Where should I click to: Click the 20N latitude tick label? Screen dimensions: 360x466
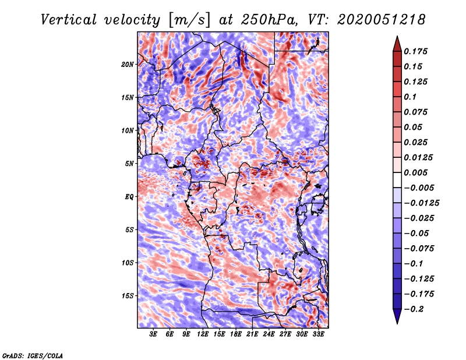(128, 64)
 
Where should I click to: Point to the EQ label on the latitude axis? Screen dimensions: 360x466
(129, 196)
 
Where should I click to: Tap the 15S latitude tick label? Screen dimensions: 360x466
(128, 295)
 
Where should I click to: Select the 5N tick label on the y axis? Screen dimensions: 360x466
(129, 163)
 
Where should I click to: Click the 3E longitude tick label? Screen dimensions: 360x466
(154, 334)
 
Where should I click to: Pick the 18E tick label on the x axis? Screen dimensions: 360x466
(235, 334)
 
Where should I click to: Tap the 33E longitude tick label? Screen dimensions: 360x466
(318, 334)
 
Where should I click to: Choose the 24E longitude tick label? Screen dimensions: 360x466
(269, 334)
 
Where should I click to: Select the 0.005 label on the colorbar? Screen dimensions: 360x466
(417, 172)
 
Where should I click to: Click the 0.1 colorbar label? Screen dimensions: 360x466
(410, 97)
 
